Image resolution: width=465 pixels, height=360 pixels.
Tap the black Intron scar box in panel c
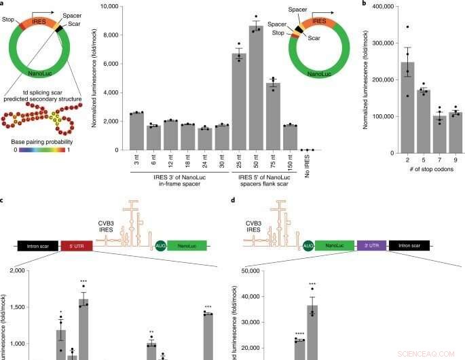coord(38,247)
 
